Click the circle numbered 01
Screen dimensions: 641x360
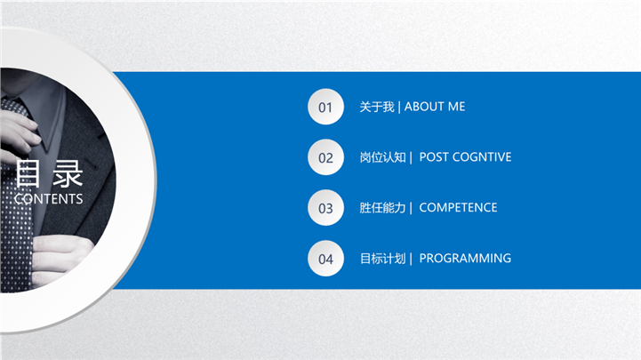coord(325,107)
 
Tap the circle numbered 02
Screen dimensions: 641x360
coord(325,157)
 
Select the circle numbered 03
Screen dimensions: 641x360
coord(325,208)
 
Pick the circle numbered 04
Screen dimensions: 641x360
coord(325,259)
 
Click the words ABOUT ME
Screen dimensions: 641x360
coord(435,107)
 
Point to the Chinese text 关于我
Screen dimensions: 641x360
coord(377,107)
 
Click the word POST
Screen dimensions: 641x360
coord(434,157)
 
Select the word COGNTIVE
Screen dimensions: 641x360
coord(482,157)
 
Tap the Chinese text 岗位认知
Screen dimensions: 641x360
coord(382,157)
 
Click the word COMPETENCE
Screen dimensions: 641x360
coord(458,208)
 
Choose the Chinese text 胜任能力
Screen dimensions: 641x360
coord(382,208)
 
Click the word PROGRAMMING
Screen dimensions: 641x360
coord(465,259)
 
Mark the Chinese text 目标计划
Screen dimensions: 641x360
coord(382,259)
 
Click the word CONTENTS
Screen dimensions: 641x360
coord(48,198)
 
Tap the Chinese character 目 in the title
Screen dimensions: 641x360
coord(28,173)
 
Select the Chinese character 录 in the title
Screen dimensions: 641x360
coord(68,173)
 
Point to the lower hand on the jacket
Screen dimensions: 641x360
coord(61,259)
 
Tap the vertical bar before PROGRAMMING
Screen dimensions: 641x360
coord(411,259)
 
